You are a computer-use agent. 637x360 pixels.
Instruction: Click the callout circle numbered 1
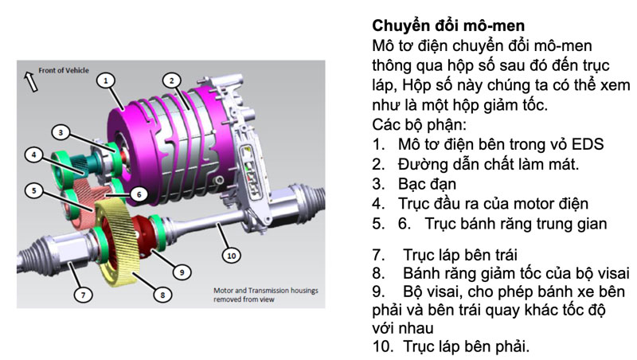(x=107, y=80)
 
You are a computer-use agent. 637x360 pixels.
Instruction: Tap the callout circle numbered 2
(x=170, y=80)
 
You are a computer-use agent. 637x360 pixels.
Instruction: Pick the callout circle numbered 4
(x=34, y=154)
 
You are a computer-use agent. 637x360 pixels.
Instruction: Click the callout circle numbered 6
(x=137, y=194)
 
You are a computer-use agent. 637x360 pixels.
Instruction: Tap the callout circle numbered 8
(x=162, y=295)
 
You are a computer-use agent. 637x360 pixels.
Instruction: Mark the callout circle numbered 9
(x=182, y=272)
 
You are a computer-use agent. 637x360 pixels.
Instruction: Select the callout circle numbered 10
(x=232, y=255)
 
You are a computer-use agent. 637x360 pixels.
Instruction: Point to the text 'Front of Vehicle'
(x=66, y=71)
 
